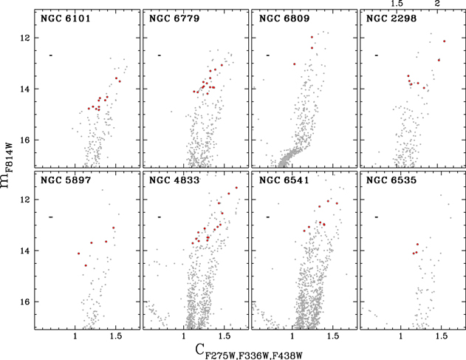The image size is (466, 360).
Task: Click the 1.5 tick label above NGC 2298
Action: click(397, 4)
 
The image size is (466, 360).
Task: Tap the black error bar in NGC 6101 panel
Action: click(51, 55)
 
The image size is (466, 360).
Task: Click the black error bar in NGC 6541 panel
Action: click(268, 217)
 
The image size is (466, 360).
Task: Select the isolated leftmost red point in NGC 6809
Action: click(295, 64)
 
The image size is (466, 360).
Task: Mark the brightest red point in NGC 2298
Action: click(445, 41)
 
